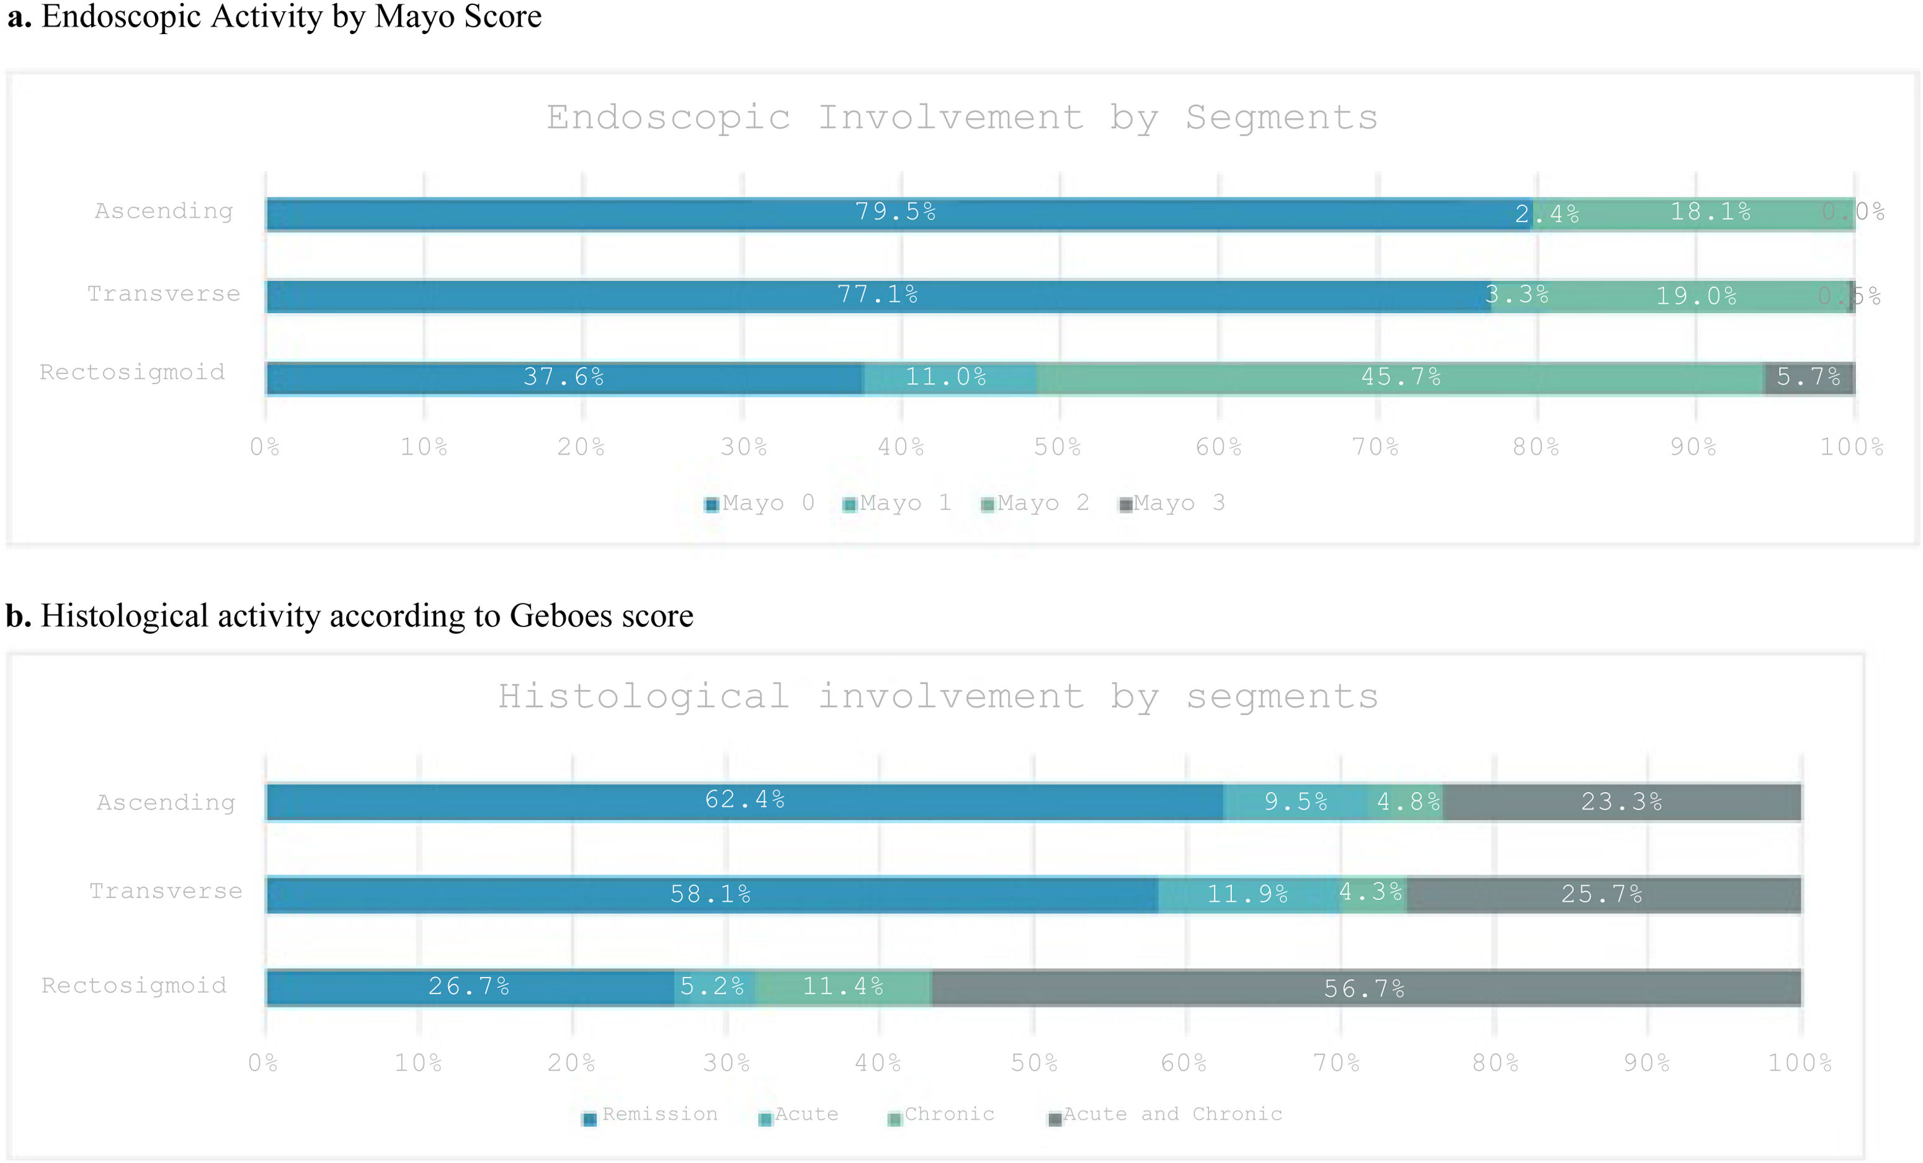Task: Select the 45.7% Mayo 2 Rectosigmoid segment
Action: click(1401, 378)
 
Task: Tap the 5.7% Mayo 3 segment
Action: click(1809, 378)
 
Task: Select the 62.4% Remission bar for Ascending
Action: click(744, 801)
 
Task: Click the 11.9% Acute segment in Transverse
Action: click(1247, 894)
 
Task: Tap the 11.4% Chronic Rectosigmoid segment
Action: click(843, 987)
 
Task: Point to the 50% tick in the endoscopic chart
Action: click(1058, 447)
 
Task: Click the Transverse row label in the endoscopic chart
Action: click(164, 294)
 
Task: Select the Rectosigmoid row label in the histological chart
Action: click(134, 986)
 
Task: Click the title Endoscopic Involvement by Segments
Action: click(961, 118)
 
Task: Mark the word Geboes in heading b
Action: click(560, 617)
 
